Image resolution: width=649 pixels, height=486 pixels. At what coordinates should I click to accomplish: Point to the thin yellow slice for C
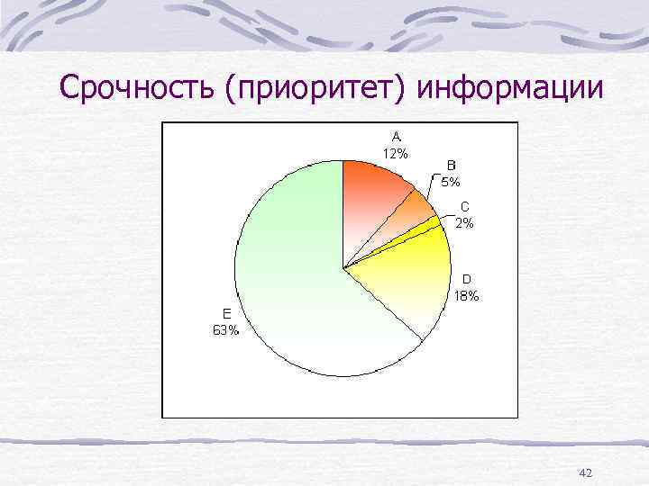click(431, 225)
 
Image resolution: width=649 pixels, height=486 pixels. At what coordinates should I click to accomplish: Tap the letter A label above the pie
click(396, 137)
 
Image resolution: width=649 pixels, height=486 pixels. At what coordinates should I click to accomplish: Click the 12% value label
click(396, 152)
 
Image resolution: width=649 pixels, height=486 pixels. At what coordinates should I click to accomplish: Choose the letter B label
click(452, 166)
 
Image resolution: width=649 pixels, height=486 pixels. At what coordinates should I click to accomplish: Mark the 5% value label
click(451, 181)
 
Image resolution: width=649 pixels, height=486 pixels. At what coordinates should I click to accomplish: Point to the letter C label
click(465, 207)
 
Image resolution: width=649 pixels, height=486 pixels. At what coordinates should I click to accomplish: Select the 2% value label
click(465, 222)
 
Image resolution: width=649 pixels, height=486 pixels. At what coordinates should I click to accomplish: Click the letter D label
click(467, 279)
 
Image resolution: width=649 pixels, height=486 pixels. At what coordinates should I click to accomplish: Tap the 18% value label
click(467, 294)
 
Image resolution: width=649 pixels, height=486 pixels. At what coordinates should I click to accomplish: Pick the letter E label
click(227, 313)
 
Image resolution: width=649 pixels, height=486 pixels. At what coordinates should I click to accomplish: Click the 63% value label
click(226, 329)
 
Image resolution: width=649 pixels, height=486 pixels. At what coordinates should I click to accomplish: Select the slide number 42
click(585, 472)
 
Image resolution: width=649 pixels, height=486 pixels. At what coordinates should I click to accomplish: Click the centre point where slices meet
click(343, 268)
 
